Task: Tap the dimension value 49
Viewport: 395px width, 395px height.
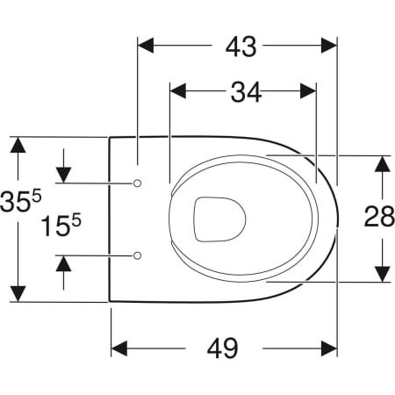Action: [224, 348]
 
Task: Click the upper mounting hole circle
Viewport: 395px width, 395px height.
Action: [137, 183]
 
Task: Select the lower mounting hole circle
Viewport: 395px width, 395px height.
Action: [137, 255]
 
